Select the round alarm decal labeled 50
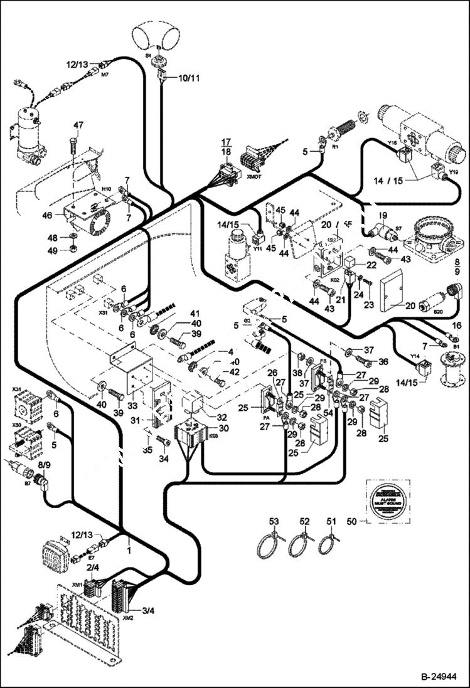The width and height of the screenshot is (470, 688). tap(384, 503)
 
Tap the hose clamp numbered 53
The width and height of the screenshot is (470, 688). tap(269, 546)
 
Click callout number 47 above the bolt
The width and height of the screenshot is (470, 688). tap(78, 125)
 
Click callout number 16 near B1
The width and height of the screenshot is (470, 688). tap(456, 325)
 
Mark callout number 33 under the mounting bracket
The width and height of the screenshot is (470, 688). tap(132, 406)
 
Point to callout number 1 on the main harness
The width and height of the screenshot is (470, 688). tap(129, 550)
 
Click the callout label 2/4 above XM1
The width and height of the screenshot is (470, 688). tap(92, 567)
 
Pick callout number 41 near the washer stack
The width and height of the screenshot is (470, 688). tap(195, 313)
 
